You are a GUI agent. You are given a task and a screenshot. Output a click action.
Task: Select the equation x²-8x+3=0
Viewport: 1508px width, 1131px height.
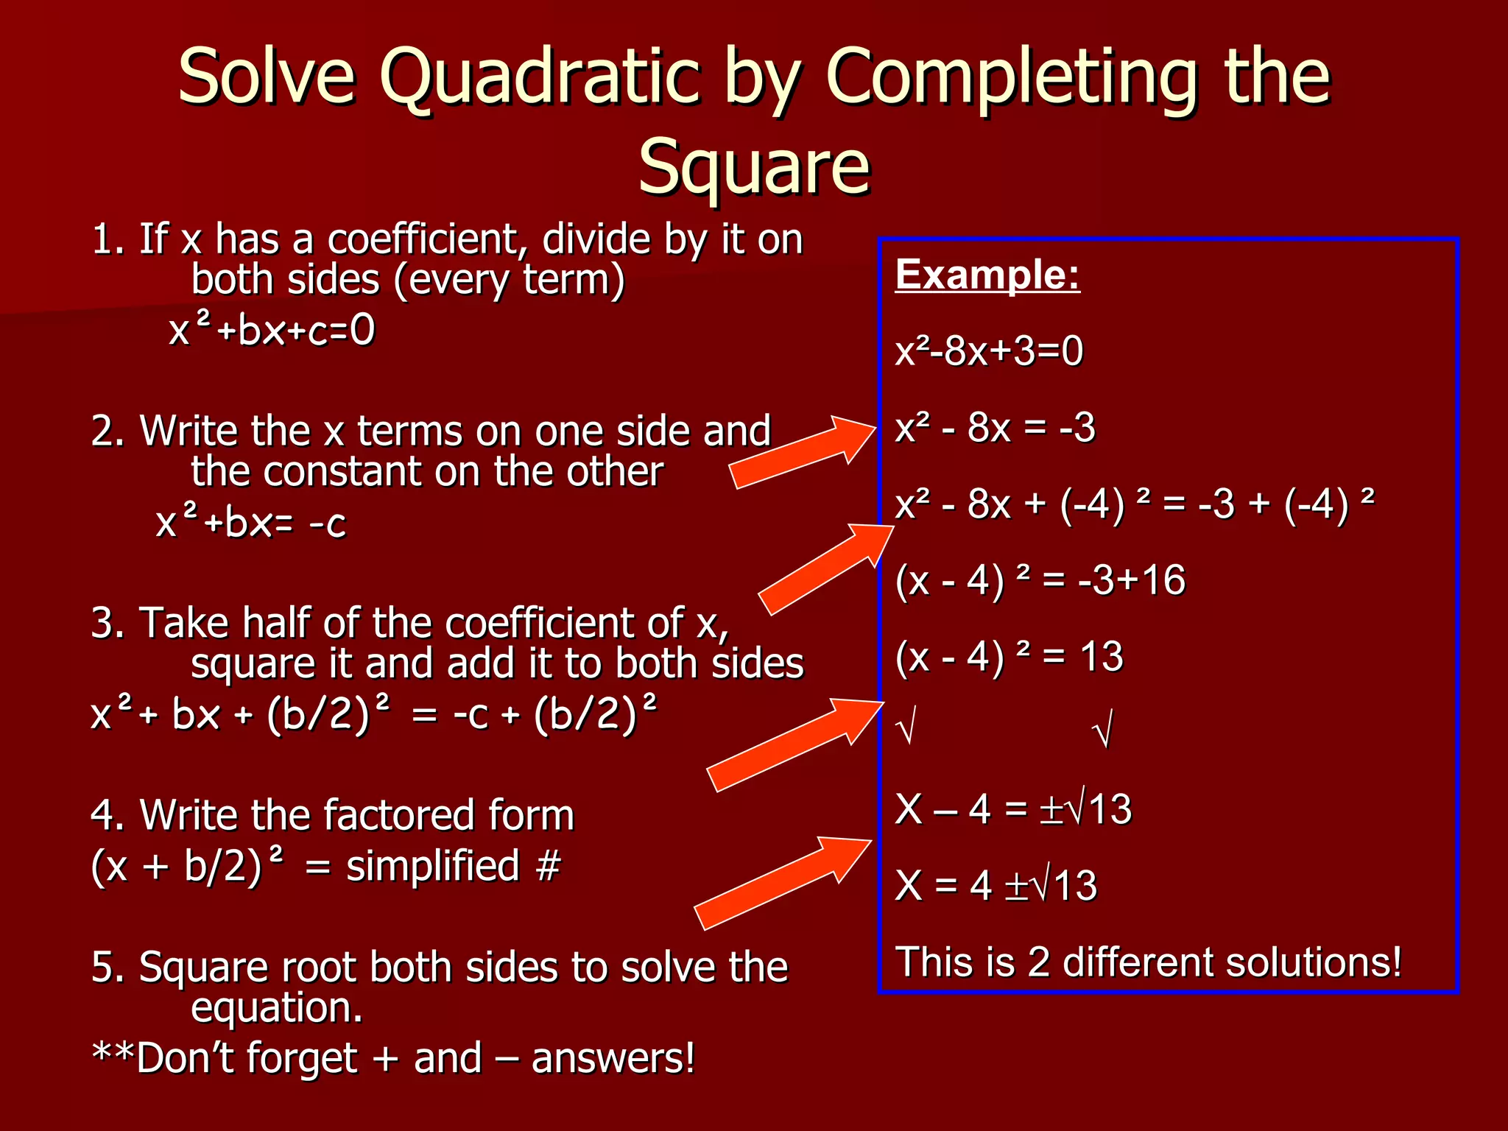click(989, 351)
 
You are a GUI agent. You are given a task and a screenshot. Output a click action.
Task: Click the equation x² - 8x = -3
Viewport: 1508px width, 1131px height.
click(995, 428)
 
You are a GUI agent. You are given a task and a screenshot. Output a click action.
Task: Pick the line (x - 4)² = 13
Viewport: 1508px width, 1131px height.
click(1009, 657)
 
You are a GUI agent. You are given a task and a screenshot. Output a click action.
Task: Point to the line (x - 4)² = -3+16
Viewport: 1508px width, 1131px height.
click(1040, 580)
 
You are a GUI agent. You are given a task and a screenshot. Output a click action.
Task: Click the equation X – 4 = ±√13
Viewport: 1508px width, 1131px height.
click(1013, 809)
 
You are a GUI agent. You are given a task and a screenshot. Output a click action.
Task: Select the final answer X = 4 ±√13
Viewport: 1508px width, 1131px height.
click(996, 885)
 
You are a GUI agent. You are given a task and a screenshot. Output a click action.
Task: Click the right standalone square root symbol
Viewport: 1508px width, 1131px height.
click(1102, 729)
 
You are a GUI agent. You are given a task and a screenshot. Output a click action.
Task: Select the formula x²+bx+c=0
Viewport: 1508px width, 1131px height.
click(272, 331)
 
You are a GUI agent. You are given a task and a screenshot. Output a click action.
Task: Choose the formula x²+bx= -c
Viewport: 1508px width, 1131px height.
click(250, 524)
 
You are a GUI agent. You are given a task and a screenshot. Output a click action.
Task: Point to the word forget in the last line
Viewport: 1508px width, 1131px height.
click(301, 1059)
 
